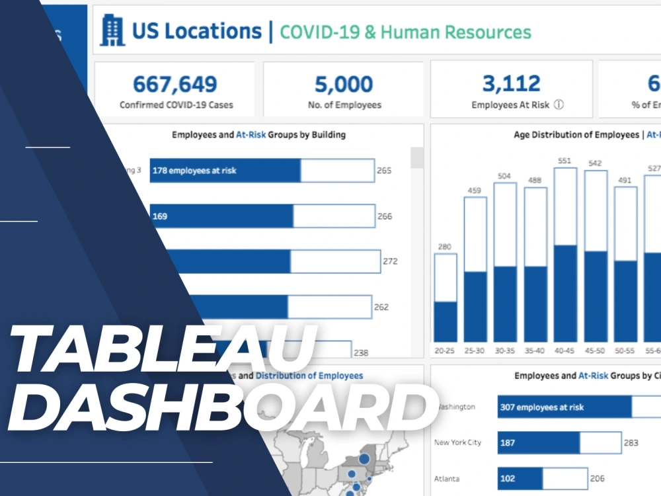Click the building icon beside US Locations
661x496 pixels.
[112, 31]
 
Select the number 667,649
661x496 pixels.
[175, 84]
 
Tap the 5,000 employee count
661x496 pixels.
[344, 84]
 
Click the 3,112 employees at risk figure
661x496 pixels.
[511, 84]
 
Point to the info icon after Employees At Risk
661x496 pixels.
[559, 104]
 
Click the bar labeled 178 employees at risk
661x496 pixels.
[225, 171]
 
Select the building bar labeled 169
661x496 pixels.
[221, 216]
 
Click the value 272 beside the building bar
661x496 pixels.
[390, 261]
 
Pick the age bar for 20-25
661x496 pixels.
[445, 298]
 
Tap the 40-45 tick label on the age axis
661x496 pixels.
[565, 351]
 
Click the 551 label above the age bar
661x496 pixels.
[565, 160]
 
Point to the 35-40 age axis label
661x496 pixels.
[535, 351]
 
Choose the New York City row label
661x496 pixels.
[457, 442]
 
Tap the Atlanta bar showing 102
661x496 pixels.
[520, 478]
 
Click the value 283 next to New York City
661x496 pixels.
[631, 442]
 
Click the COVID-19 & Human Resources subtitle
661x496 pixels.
[405, 32]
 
